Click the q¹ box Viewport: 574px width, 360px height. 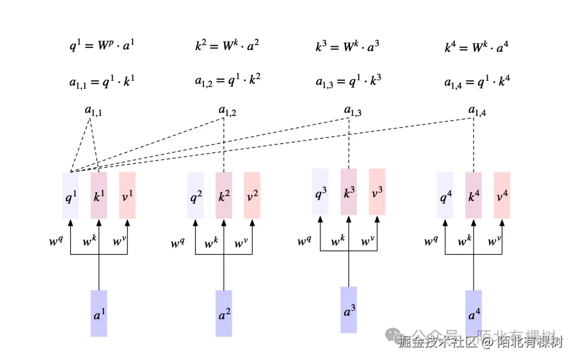[x=71, y=195]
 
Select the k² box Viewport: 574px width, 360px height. [x=224, y=196]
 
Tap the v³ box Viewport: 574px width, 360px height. [x=377, y=192]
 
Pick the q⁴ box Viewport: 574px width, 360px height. [x=445, y=195]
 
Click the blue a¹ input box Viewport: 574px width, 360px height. [x=99, y=313]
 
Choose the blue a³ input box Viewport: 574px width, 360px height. [x=349, y=310]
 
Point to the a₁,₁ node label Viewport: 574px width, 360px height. [x=91, y=111]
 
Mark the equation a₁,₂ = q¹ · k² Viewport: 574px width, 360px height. [x=227, y=81]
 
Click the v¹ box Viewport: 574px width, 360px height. [x=128, y=195]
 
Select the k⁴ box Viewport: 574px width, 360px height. [x=474, y=195]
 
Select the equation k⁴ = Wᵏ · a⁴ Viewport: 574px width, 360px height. [x=477, y=47]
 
